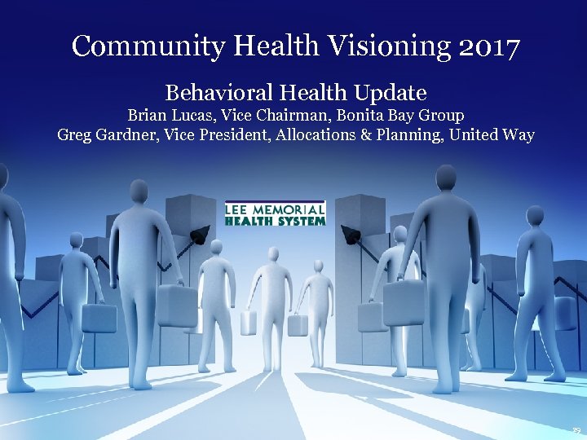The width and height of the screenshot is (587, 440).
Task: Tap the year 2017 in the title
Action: coord(488,46)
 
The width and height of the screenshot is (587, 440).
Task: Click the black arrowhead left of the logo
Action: coord(196,238)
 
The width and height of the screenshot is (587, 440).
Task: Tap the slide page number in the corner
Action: coord(576,429)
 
